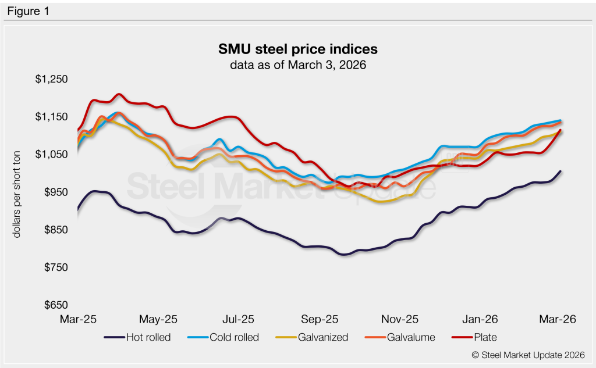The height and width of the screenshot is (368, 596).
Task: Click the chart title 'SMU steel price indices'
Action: tap(297, 48)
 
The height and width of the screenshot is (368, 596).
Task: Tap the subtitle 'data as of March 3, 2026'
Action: tap(297, 65)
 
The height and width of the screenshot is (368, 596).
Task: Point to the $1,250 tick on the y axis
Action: tap(52, 80)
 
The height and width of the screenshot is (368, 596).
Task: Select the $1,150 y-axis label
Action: tap(52, 117)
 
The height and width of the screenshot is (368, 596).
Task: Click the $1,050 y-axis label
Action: tap(52, 155)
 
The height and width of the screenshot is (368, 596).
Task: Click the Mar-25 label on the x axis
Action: tap(78, 319)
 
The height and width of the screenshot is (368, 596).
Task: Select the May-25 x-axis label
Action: tap(158, 319)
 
